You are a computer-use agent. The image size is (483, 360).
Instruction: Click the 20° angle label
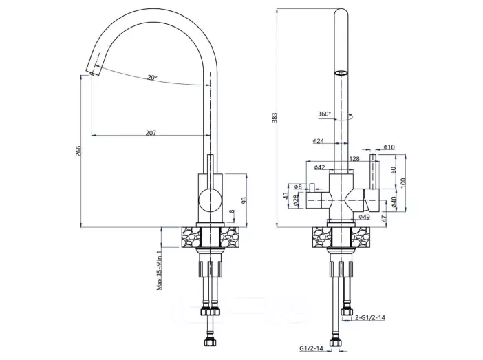152,77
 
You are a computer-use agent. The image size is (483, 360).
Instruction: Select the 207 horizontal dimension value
151,133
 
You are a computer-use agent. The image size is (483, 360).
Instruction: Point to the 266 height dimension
78,151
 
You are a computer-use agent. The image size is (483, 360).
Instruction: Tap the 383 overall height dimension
275,117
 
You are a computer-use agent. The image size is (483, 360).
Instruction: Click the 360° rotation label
324,114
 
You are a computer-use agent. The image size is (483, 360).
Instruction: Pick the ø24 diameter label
319,141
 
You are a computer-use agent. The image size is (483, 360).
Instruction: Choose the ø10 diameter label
389,147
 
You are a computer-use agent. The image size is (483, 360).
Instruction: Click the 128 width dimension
354,159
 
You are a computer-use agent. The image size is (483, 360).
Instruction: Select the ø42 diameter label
319,167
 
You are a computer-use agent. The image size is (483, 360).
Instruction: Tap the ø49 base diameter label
364,217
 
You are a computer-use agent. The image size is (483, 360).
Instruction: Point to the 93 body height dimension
244,200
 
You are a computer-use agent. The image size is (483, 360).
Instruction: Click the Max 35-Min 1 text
159,270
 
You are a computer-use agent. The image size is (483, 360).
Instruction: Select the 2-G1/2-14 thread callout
370,317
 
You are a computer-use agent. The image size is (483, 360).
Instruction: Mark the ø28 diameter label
296,200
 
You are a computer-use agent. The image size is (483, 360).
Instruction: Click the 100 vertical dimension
403,182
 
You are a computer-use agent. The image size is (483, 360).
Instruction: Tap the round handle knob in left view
210,200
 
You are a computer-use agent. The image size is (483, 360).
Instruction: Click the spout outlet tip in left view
92,74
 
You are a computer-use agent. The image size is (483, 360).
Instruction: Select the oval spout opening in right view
341,73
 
